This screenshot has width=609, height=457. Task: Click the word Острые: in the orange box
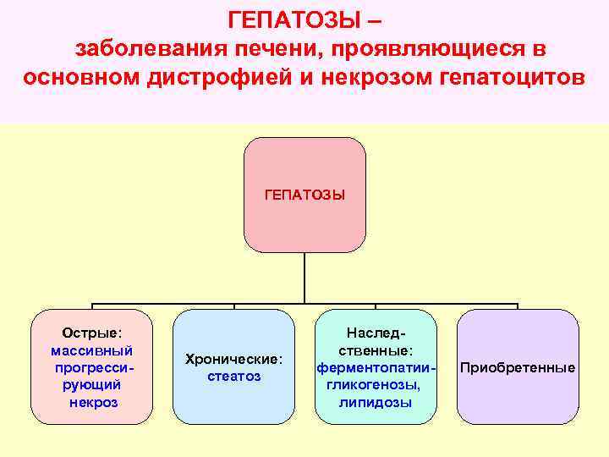point(91,333)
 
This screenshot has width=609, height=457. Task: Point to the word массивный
point(91,350)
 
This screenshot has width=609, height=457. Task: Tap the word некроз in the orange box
point(93,402)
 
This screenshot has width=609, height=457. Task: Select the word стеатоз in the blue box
point(233,376)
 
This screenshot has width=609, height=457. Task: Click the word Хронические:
point(233,359)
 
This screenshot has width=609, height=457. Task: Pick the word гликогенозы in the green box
point(376,385)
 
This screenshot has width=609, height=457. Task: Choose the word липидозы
point(376,402)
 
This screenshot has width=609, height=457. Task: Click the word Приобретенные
point(518,367)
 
